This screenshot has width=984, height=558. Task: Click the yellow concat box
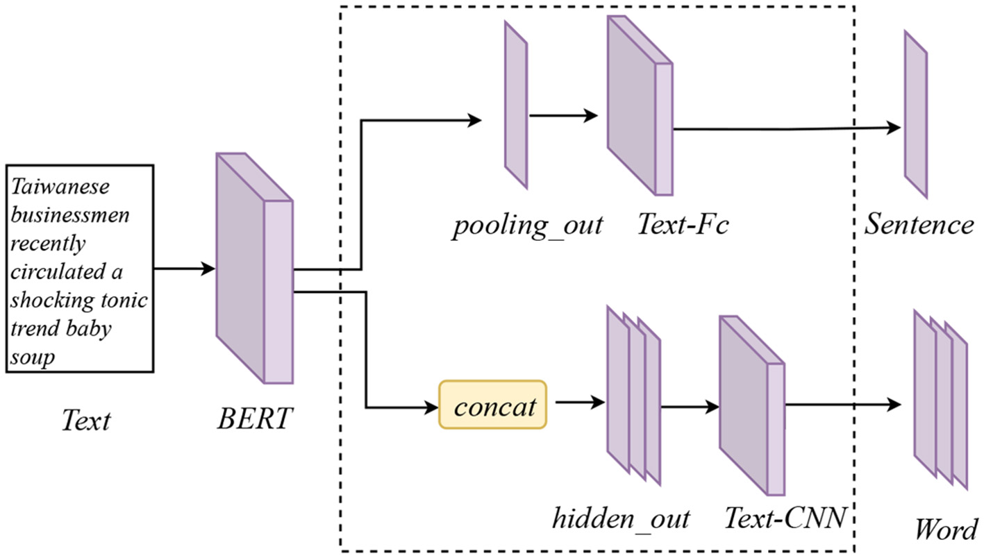[493, 405]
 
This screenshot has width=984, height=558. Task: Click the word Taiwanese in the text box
[61, 187]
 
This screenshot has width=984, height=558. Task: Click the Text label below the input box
[85, 420]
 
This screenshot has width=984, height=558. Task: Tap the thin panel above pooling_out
[515, 105]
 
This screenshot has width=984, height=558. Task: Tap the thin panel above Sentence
[915, 115]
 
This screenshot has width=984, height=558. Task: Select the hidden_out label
[621, 518]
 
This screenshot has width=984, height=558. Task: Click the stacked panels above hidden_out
[633, 395]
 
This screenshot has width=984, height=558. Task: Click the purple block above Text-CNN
[751, 406]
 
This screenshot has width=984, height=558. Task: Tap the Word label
[944, 530]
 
